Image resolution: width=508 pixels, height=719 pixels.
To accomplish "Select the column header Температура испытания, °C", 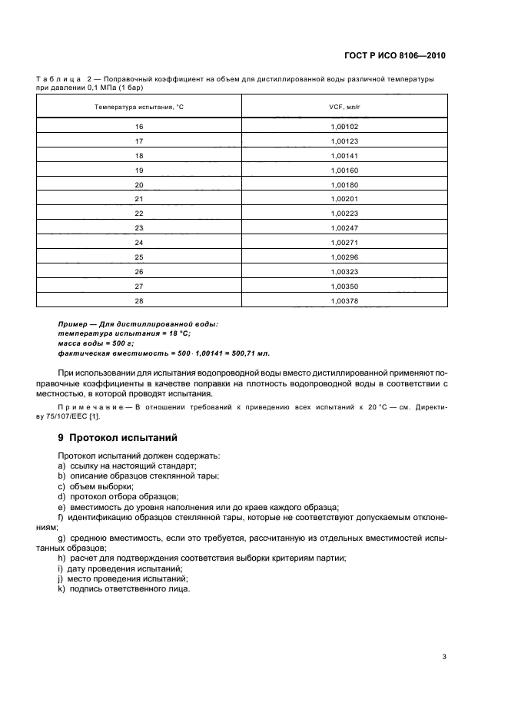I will (139, 106).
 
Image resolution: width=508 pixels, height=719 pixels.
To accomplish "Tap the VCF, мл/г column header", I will (344, 106).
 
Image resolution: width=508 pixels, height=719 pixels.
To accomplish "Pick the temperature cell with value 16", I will (139, 127).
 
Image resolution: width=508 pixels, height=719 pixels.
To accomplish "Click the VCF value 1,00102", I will (344, 127).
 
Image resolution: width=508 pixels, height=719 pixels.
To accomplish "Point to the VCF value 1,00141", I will (344, 156).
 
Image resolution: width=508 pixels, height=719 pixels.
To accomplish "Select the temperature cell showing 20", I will (139, 185).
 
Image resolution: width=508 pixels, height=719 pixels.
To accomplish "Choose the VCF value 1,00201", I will (344, 200).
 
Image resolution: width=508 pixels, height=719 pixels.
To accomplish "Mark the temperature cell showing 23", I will (139, 229).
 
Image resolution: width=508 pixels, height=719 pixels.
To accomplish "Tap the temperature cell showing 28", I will (139, 301).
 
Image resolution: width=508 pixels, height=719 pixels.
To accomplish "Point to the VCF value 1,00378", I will (344, 301).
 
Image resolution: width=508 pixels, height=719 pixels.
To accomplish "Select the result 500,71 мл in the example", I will (251, 353).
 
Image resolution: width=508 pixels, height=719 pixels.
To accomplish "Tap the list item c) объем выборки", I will (95, 486).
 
